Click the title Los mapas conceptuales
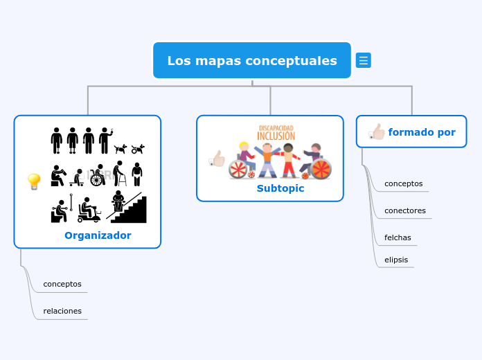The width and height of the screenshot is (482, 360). point(252,61)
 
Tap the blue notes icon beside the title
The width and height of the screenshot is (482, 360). point(363,61)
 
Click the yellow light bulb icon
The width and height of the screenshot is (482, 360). point(33,181)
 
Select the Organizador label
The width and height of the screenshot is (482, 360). point(98,235)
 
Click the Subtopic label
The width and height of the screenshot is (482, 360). point(280,188)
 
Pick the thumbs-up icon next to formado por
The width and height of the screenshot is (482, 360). point(377,132)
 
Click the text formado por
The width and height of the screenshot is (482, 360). point(422,132)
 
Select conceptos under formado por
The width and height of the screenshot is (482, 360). point(403,184)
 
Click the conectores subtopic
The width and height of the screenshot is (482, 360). point(404,210)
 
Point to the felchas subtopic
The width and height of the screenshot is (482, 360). point(398,237)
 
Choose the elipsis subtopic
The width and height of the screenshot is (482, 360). point(396,260)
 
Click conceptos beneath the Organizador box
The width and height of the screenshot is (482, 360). point(62,284)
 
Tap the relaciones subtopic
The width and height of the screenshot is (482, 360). point(62,311)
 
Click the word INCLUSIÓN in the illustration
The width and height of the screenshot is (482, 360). point(276,136)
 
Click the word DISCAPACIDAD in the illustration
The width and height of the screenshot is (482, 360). point(276,127)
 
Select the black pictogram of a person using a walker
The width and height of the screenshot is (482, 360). point(120,173)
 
